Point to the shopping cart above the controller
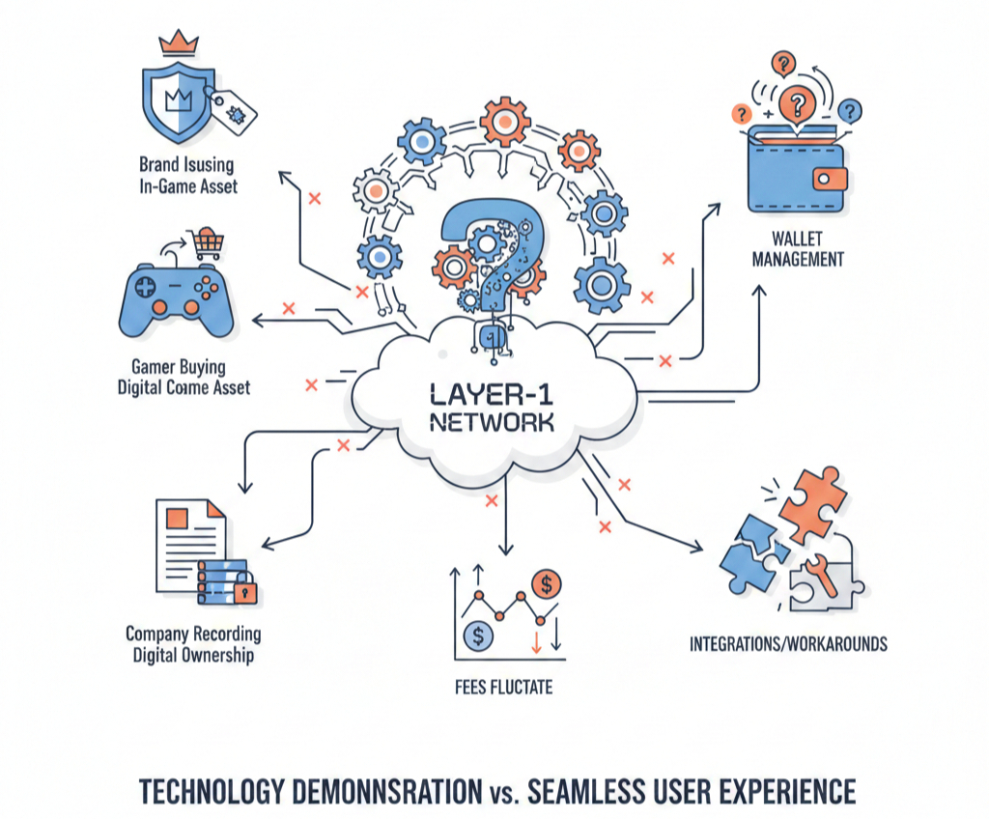click(x=204, y=242)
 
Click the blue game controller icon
click(x=175, y=299)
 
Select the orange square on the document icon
click(x=179, y=518)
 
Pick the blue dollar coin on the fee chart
click(x=478, y=635)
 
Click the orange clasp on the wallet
click(x=828, y=178)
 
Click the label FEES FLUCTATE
click(x=504, y=688)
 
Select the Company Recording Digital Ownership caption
click(x=193, y=645)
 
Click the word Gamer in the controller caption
click(x=153, y=367)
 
